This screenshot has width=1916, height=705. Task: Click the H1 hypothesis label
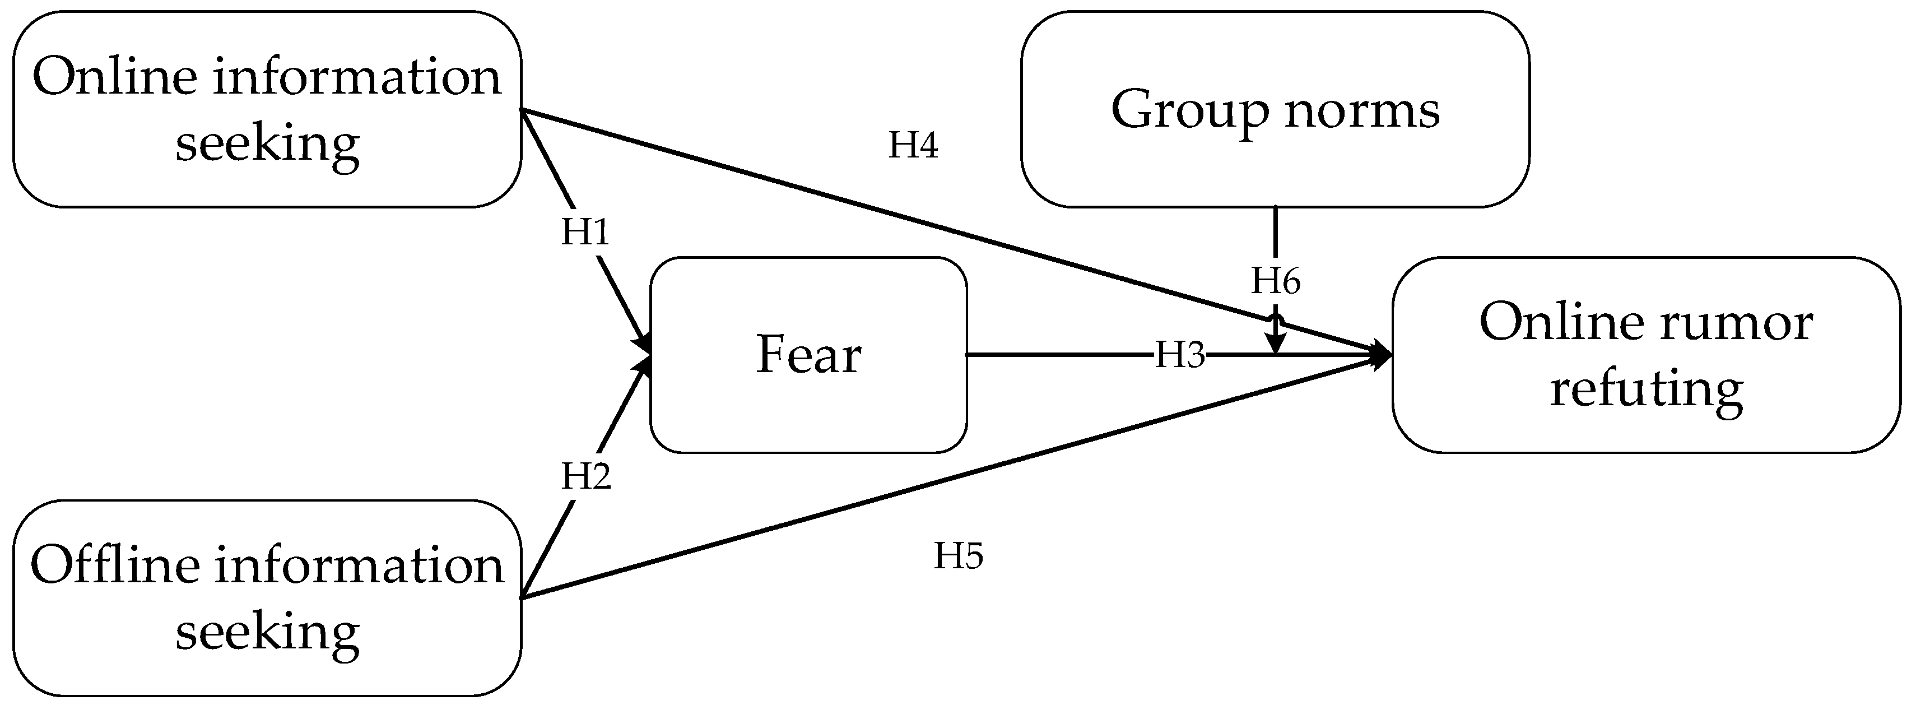[585, 232]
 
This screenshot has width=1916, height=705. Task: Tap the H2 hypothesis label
[585, 476]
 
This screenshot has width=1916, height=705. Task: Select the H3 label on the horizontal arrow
[1179, 355]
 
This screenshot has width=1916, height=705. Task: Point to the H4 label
[913, 145]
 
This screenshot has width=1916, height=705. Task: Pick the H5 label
[958, 556]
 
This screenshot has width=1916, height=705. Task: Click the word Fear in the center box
[808, 355]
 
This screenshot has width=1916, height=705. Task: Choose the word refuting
[1646, 388]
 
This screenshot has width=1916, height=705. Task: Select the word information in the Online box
[357, 77]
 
